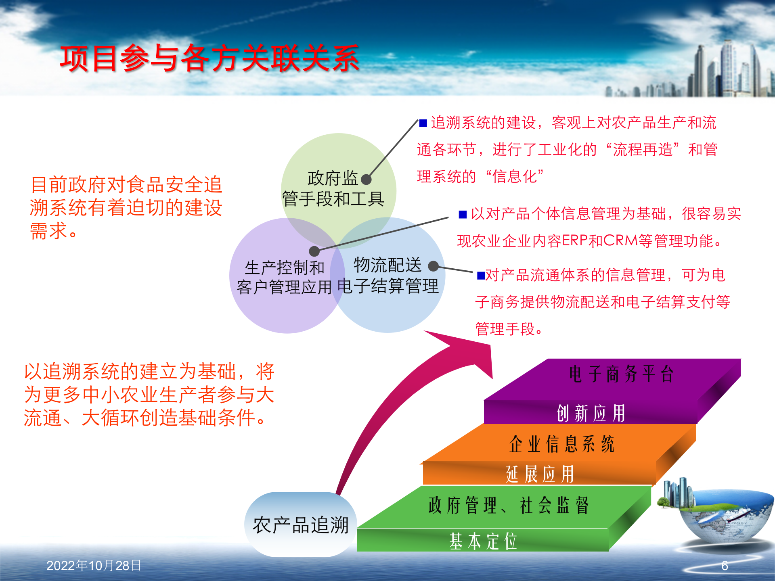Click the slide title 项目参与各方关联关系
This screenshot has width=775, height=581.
209,59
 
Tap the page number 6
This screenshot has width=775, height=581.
725,566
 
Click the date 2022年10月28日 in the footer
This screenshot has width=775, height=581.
94,566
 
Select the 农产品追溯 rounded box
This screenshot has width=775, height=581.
300,525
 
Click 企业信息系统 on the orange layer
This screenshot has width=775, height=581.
561,444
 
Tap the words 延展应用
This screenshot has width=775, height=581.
539,474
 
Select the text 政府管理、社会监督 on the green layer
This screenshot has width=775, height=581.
509,506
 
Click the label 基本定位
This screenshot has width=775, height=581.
483,541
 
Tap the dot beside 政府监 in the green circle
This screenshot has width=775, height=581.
366,180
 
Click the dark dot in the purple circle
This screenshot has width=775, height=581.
314,251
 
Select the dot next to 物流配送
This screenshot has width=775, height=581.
433,266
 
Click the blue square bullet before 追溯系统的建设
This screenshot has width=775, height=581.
423,123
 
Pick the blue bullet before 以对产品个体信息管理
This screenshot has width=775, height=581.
463,214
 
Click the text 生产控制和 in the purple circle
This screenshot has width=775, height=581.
284,268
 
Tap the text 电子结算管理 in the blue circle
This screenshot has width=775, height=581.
387,286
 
